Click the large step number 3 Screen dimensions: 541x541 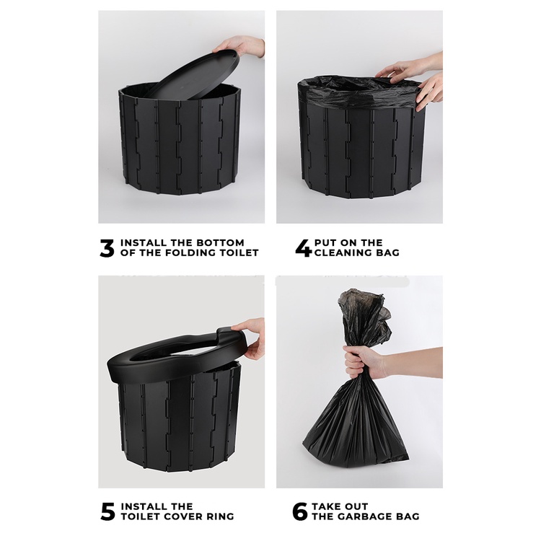107,248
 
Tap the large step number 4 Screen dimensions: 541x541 304,248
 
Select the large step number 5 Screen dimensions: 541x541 107,512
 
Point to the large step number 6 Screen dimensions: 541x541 299,512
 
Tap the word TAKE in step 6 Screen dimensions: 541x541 326,506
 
